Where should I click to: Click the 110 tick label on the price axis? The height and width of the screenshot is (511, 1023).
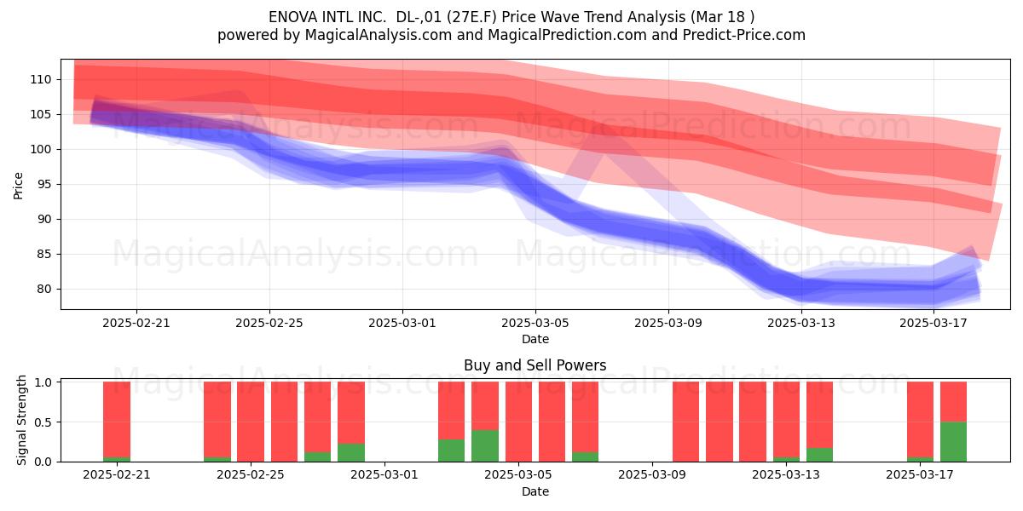tap(41, 80)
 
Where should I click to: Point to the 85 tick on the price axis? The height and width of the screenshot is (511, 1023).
tap(44, 254)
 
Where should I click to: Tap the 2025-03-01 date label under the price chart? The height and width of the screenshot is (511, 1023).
tap(402, 323)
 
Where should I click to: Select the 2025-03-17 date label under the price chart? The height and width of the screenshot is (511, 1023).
tap(933, 323)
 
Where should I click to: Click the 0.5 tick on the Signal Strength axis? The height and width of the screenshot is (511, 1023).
tap(43, 422)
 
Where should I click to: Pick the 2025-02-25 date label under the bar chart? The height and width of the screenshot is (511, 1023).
tap(251, 475)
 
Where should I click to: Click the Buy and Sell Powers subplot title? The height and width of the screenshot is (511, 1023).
tap(535, 365)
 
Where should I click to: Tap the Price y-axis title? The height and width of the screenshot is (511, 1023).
tap(18, 186)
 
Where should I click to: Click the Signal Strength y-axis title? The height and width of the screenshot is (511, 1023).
tap(21, 420)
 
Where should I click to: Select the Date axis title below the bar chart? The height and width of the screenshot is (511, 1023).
tap(535, 491)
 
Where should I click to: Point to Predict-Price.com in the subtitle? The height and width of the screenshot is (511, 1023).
tap(744, 35)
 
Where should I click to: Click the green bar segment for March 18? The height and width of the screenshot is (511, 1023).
tap(953, 442)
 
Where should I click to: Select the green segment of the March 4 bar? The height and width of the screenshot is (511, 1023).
tap(484, 445)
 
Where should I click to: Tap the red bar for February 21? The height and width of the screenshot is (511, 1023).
tap(117, 419)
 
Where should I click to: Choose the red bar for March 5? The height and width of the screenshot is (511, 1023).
tap(518, 422)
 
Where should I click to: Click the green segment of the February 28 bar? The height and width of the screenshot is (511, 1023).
tap(351, 452)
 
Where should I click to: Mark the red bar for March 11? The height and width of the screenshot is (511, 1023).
tap(720, 422)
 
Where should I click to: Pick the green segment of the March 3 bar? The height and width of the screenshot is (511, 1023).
tap(451, 451)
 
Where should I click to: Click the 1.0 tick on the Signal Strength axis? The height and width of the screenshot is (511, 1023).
tap(43, 382)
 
